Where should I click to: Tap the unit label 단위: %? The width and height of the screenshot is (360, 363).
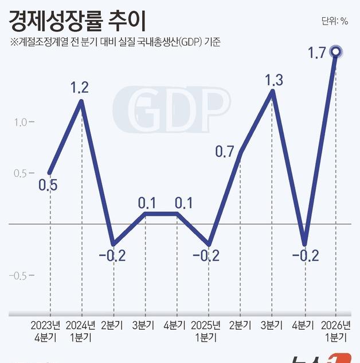[335, 22]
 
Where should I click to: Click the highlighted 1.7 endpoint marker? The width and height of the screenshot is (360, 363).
[336, 53]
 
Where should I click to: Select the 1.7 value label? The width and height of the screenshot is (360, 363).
[316, 54]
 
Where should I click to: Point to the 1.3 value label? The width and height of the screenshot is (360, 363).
[274, 80]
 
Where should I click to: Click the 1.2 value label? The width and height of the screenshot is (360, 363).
[80, 88]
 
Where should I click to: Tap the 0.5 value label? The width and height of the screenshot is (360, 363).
[48, 186]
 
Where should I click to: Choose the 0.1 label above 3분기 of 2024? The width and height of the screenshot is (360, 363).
[147, 203]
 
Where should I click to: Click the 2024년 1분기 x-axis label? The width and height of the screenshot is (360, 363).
[80, 332]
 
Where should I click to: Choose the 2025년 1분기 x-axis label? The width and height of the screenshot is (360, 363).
[206, 332]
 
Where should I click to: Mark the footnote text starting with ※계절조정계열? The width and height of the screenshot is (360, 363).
[115, 42]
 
